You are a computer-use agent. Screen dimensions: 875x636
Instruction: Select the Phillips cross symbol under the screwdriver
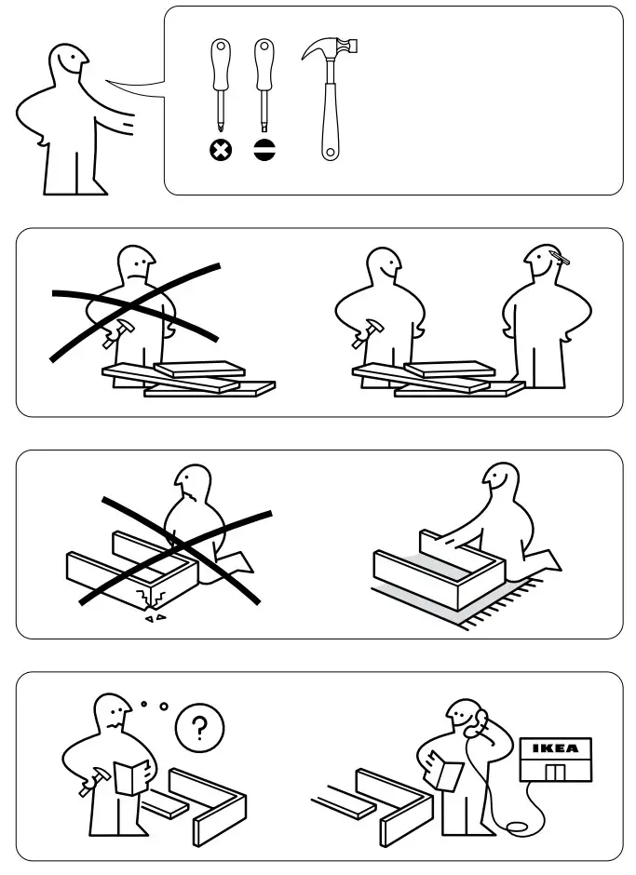221,149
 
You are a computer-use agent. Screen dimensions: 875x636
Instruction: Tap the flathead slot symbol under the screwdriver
264,149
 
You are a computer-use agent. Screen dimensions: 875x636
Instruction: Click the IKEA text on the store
554,748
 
